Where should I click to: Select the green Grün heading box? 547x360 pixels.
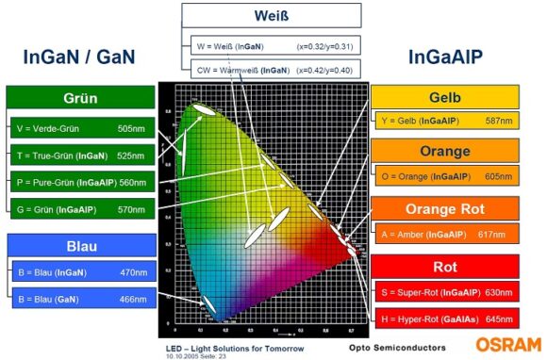tap(80, 98)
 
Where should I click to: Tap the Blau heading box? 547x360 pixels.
tap(80, 245)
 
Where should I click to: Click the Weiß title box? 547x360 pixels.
tap(272, 16)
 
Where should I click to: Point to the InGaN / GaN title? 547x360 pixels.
tap(79, 57)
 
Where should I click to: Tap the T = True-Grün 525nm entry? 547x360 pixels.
tap(80, 155)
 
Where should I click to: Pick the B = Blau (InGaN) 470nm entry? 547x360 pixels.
tap(80, 272)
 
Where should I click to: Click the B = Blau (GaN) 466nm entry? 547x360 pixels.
tap(80, 300)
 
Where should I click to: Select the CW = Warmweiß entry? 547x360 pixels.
tap(272, 69)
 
